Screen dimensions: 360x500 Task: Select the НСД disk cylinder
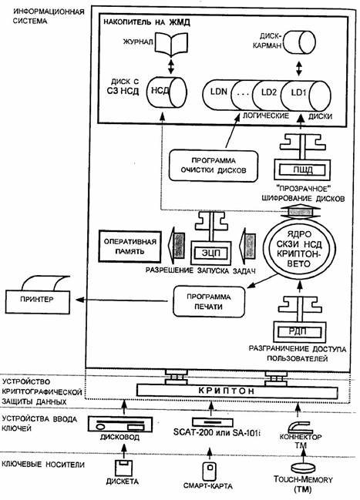[x=167, y=91]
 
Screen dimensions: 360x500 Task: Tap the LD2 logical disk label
[x=269, y=92]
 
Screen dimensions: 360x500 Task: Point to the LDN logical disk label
[x=219, y=92]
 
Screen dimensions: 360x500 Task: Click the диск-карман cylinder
[x=299, y=42]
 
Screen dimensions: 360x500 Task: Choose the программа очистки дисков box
[x=214, y=166]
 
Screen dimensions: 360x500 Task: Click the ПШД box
[x=302, y=169]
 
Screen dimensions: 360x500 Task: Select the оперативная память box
[x=130, y=247]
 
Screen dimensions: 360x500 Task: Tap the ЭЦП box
[x=211, y=253]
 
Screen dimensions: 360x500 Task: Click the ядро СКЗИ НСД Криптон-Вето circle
[x=299, y=250]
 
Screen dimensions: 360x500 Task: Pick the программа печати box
[x=209, y=302]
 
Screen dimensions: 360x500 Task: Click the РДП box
[x=300, y=331]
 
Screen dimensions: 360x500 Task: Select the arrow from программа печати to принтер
[x=122, y=300]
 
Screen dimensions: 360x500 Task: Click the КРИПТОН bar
[x=237, y=391]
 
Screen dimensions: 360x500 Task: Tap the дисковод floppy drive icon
[x=120, y=424]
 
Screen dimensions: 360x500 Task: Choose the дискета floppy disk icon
[x=123, y=468]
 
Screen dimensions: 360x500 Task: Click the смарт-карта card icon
[x=210, y=470]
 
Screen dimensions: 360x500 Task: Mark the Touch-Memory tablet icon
[x=303, y=467]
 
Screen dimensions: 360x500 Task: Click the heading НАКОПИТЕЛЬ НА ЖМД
[x=146, y=22]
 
